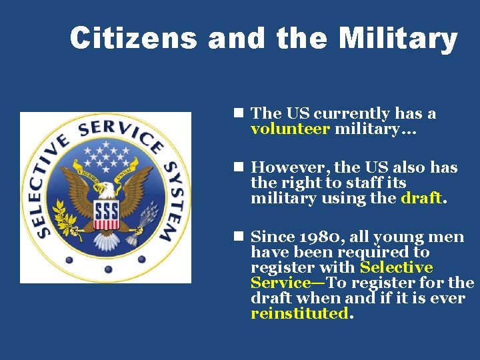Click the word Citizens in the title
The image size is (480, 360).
[x=133, y=39]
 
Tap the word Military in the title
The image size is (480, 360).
[x=397, y=39]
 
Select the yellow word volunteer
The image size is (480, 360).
[x=290, y=129]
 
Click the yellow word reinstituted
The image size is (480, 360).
[x=299, y=313]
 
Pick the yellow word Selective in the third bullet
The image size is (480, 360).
[x=396, y=268]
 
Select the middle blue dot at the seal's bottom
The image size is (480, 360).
[x=107, y=269]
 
